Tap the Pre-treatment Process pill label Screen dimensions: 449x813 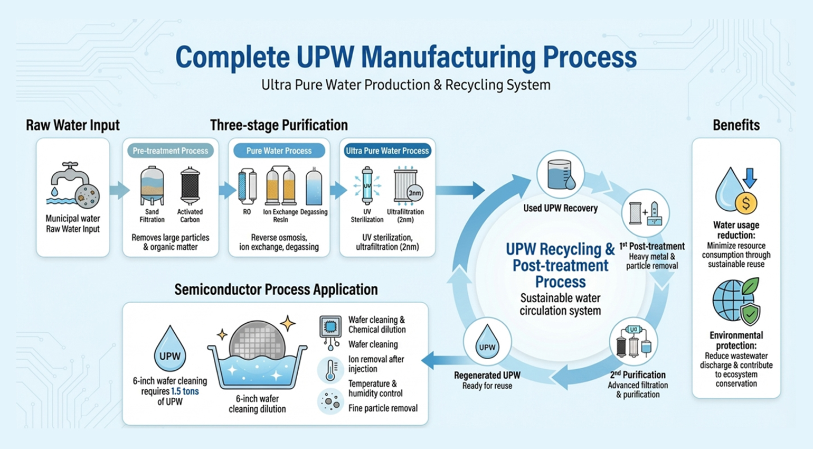click(x=170, y=151)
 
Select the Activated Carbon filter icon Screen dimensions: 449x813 click(x=190, y=185)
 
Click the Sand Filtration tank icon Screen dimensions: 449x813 click(x=152, y=185)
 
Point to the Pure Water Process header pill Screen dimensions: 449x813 click(x=279, y=151)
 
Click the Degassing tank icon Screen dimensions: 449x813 click(x=314, y=186)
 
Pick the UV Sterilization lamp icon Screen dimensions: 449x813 click(x=367, y=186)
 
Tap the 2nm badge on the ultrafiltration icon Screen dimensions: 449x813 click(x=415, y=193)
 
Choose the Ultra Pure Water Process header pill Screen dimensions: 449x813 click(x=387, y=151)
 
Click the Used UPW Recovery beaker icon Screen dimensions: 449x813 click(x=560, y=175)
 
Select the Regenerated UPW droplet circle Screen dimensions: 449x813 click(x=487, y=342)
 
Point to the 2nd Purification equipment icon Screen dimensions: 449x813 click(x=634, y=342)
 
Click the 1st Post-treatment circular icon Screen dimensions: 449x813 click(x=645, y=213)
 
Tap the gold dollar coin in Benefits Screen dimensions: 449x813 click(x=746, y=203)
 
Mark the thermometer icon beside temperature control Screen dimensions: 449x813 click(x=330, y=370)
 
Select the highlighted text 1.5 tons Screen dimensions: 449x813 click(x=185, y=391)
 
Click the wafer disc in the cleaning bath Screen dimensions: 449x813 click(x=257, y=340)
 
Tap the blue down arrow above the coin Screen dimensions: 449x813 click(x=750, y=177)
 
